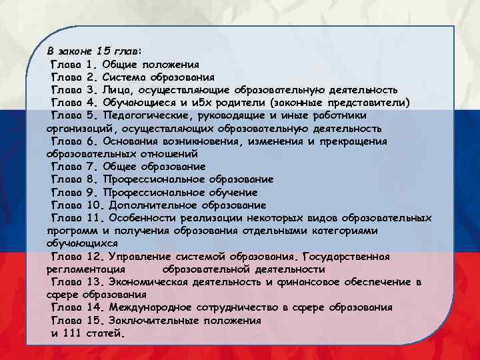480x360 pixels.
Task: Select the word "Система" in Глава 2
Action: pyautogui.click(x=124, y=77)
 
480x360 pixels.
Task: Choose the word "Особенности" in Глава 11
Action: pyautogui.click(x=142, y=218)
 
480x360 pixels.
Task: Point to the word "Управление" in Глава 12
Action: pyautogui.click(x=139, y=257)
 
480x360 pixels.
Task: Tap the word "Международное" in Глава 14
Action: pyautogui.click(x=150, y=307)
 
